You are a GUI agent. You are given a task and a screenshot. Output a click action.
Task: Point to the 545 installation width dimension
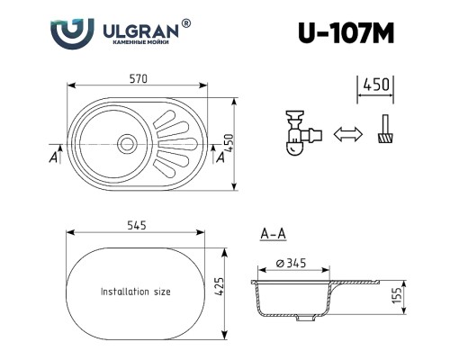[137, 225]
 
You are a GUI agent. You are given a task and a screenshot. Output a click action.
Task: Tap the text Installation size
[135, 292]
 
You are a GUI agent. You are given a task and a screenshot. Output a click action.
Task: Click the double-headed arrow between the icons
[344, 135]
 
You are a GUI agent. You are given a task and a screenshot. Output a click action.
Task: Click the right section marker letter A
[220, 157]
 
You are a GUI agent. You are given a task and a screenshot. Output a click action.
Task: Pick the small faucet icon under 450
[384, 131]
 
